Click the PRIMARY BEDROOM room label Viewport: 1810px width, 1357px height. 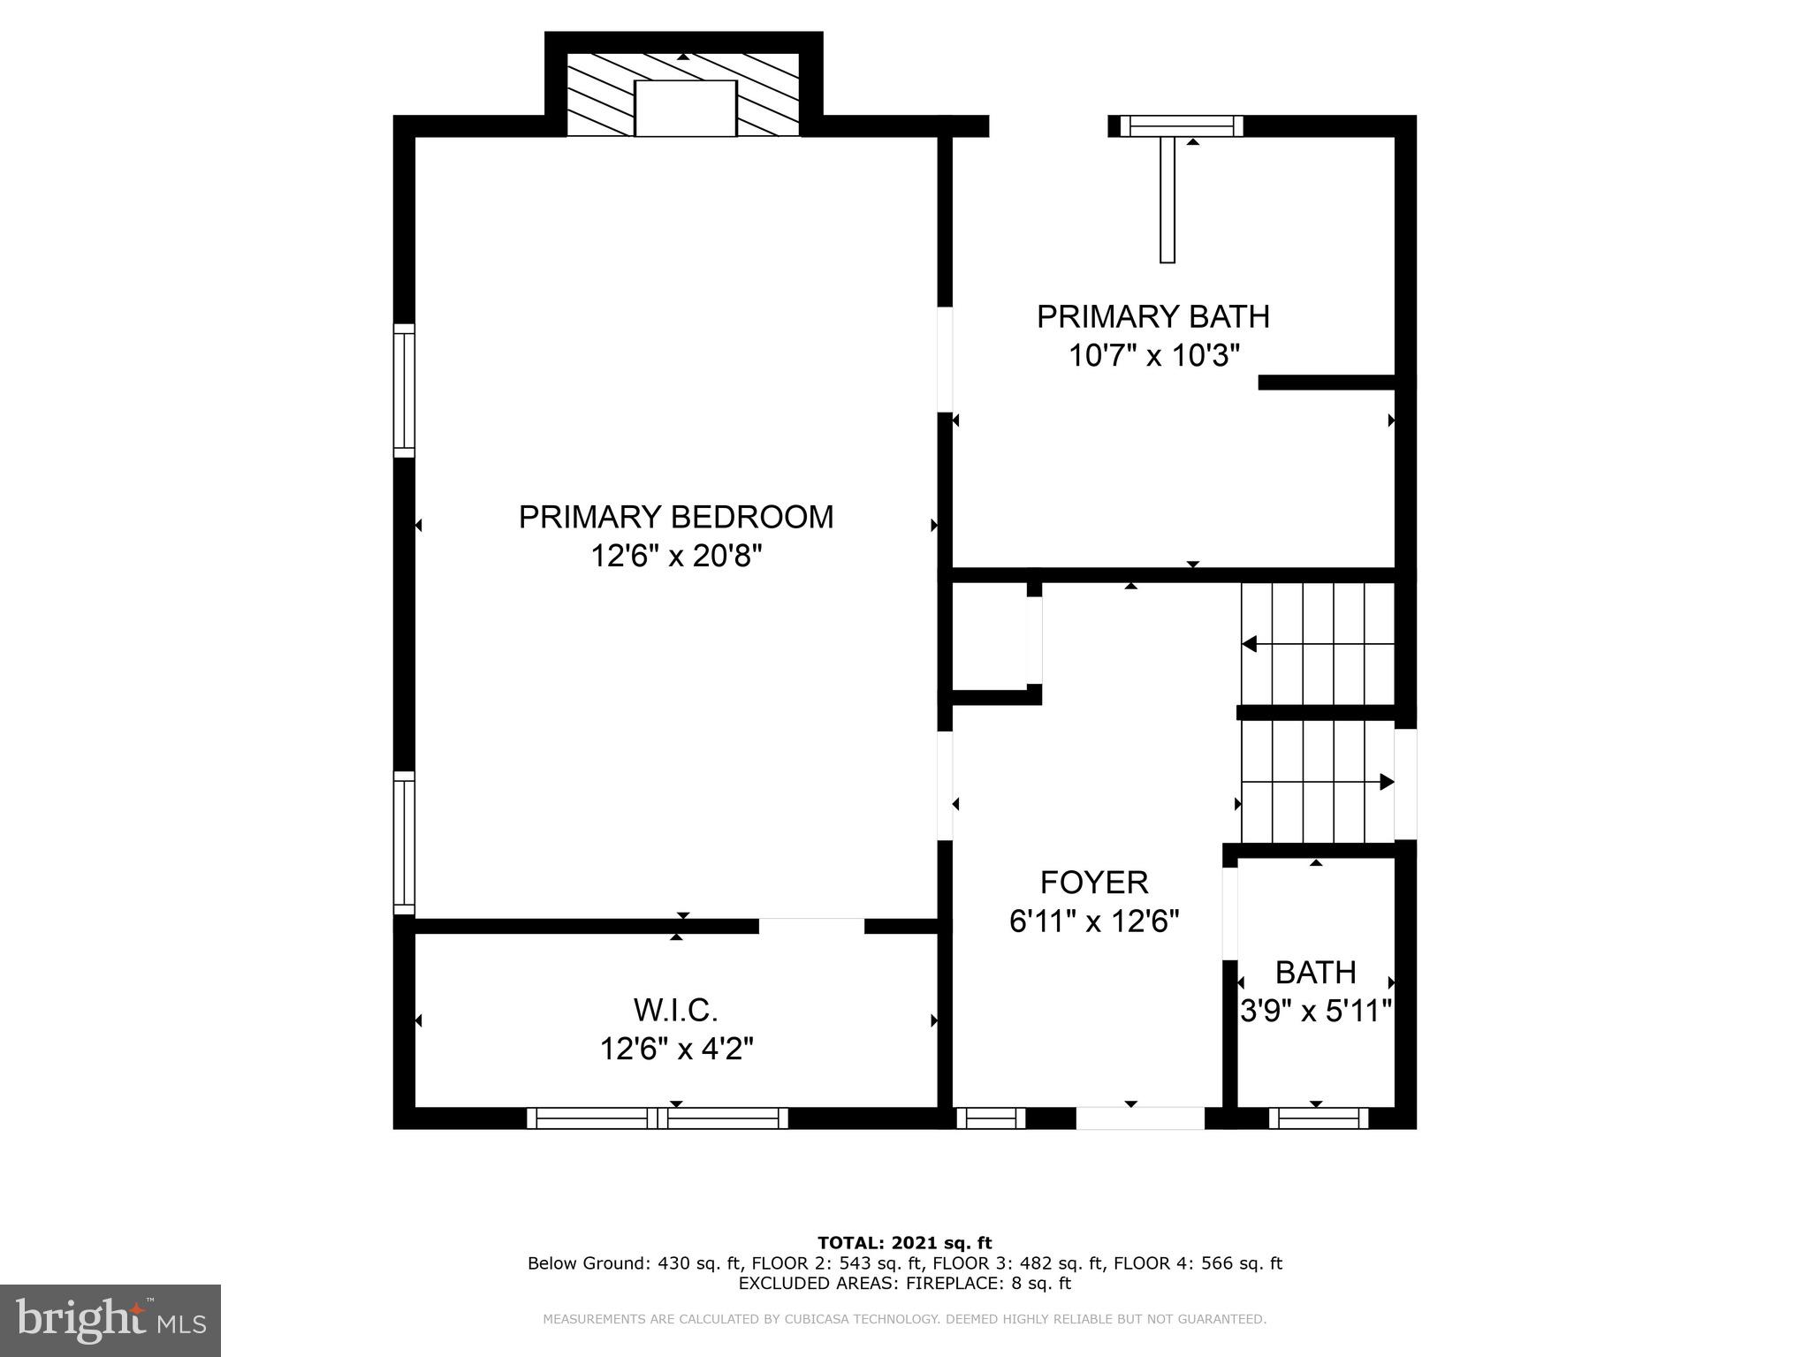tap(676, 517)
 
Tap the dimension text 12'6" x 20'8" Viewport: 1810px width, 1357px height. tap(676, 557)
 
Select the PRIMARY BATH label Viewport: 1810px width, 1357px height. tap(1152, 316)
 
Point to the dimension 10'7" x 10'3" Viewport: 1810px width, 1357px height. tap(1154, 356)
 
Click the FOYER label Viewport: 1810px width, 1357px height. tap(1094, 882)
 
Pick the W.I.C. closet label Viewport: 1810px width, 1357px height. tap(676, 1009)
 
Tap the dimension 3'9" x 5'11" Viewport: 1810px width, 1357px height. tap(1316, 1011)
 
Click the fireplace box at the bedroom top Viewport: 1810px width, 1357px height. tap(685, 108)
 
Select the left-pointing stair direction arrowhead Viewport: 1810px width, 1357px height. tap(1250, 644)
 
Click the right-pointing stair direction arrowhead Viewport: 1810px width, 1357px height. tap(1387, 782)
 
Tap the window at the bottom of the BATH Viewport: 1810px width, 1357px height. tap(1319, 1118)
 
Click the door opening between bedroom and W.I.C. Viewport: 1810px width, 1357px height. tap(811, 926)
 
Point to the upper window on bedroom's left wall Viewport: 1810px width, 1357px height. tap(404, 390)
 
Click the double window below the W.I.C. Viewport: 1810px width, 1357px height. tap(658, 1118)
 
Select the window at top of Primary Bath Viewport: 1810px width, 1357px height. tap(1182, 126)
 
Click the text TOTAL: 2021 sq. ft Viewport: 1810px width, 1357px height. tap(904, 1243)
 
